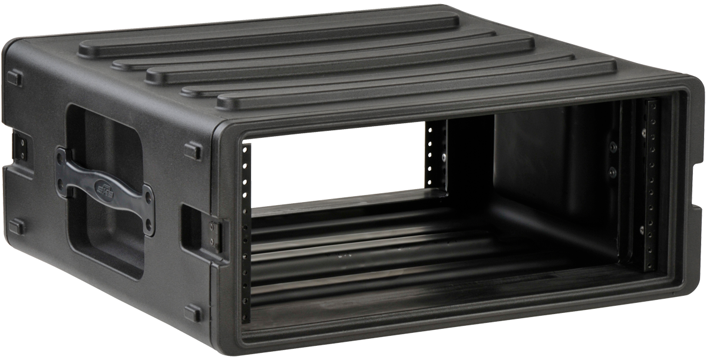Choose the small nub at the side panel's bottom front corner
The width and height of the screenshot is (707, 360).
[x=193, y=313]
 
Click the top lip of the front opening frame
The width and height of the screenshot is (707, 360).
[x=460, y=111]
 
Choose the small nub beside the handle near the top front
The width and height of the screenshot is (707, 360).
[x=193, y=148]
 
